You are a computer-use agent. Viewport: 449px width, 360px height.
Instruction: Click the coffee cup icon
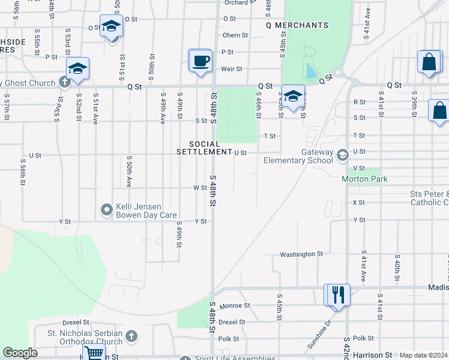pos(200,61)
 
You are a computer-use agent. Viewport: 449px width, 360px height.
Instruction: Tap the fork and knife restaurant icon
pos(337,295)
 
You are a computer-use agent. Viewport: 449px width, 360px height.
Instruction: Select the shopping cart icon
pos(94,353)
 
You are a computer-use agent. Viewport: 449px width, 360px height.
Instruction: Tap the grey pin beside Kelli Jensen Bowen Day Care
pos(107,209)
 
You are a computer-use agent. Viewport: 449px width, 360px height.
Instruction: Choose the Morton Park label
pos(364,179)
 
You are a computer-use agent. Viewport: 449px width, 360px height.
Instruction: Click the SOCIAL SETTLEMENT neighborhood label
pos(203,148)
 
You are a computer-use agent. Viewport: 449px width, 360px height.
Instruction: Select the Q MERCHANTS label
pos(298,25)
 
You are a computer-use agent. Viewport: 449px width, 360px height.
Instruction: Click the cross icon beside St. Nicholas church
pos(131,337)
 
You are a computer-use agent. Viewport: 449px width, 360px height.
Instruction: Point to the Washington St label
pos(301,254)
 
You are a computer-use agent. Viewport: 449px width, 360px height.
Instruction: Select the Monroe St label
pos(234,305)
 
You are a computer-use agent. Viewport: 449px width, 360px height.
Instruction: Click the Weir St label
pos(231,69)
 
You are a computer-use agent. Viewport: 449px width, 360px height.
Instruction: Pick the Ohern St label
pos(231,35)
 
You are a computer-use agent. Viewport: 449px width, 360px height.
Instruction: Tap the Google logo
pos(20,353)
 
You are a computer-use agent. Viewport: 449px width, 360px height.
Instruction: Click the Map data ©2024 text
pos(423,355)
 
